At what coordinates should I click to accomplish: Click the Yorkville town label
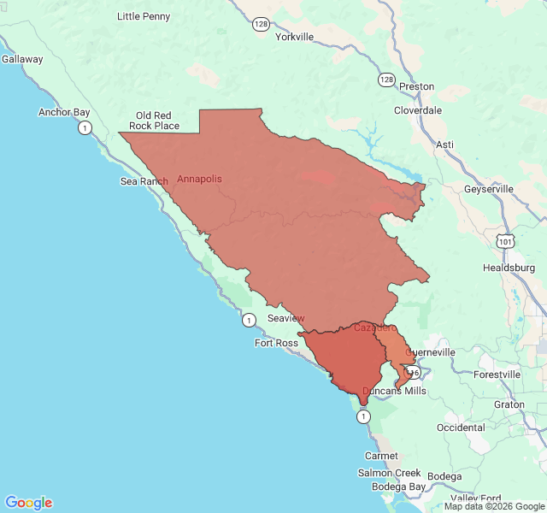294,38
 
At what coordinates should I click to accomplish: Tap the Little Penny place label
144,16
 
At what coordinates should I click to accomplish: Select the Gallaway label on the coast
22,59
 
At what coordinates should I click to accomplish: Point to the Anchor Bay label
64,112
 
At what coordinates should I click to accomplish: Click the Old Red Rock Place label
154,121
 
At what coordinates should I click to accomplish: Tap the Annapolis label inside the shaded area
199,179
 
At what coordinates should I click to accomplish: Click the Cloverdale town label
418,110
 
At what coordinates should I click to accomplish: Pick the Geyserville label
489,189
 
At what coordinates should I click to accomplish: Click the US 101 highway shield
507,243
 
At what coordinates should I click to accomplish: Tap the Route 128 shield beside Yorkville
261,24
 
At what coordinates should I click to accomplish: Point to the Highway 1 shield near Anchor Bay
85,128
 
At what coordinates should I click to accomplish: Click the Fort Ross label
276,343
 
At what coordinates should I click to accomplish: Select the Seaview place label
286,318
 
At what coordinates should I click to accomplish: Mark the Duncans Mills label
394,391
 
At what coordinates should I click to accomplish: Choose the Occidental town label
461,427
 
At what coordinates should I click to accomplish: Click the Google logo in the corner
28,503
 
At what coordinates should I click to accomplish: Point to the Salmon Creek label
390,473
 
